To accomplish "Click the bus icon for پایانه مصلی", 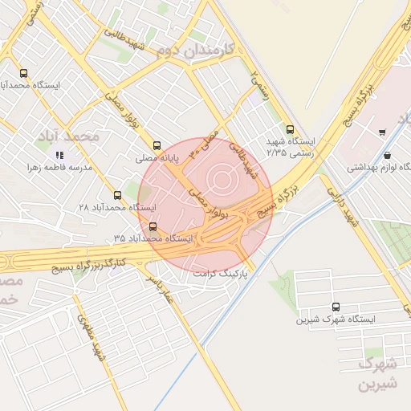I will pyautogui.click(x=157, y=146).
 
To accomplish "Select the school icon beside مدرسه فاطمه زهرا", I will pyautogui.click(x=59, y=154).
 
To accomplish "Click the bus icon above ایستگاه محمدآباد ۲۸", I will pyautogui.click(x=118, y=195).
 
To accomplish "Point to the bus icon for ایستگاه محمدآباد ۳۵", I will pyautogui.click(x=153, y=226).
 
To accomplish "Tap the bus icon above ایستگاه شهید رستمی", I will pyautogui.click(x=290, y=129).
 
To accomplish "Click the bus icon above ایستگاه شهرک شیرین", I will pyautogui.click(x=336, y=307).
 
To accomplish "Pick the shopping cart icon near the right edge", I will pyautogui.click(x=381, y=132).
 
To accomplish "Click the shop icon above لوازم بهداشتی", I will pyautogui.click(x=388, y=155).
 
